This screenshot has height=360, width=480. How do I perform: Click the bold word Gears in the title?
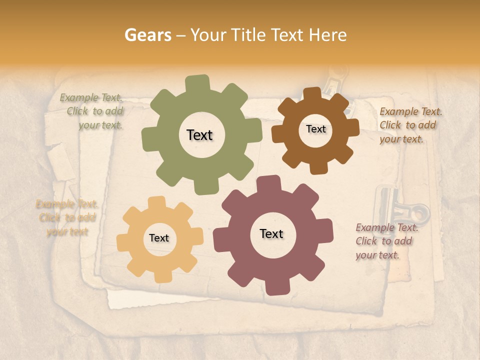click(x=147, y=35)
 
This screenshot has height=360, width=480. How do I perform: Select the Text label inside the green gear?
click(x=199, y=135)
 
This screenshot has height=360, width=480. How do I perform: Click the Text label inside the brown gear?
click(x=315, y=129)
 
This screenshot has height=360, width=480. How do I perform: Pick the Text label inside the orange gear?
click(x=159, y=238)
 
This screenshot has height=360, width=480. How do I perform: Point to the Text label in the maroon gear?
click(x=271, y=233)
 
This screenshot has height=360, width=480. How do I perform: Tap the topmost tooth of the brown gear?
click(x=312, y=94)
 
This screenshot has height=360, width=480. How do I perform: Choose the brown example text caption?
click(x=410, y=125)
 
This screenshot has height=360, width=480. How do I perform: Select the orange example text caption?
click(x=67, y=217)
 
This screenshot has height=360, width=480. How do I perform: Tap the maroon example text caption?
click(x=386, y=241)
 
